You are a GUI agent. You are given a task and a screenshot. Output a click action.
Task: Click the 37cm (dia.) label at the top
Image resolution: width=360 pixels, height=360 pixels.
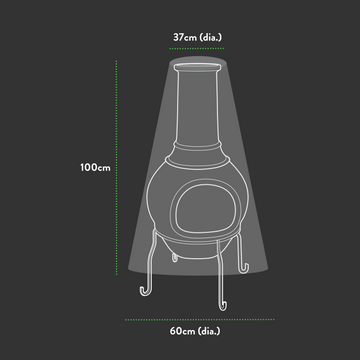pyautogui.click(x=196, y=36)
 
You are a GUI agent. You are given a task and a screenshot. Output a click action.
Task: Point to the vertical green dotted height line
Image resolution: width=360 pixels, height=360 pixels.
pyautogui.click(x=118, y=180)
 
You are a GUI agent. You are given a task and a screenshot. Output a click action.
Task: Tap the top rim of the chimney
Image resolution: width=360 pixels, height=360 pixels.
pyautogui.click(x=196, y=65)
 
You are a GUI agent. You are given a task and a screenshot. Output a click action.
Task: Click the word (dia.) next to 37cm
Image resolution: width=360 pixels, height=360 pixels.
pyautogui.click(x=210, y=36)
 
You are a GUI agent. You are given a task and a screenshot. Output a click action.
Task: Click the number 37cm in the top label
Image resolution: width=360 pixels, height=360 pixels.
pyautogui.click(x=183, y=36)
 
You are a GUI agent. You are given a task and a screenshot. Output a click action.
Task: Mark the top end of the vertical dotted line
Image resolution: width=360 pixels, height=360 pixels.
pyautogui.click(x=118, y=58)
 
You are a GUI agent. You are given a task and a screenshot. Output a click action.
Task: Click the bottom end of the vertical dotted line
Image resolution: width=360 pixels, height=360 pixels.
pyautogui.click(x=118, y=301)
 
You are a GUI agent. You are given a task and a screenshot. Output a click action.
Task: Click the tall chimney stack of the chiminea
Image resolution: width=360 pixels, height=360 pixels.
pyautogui.click(x=196, y=110)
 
